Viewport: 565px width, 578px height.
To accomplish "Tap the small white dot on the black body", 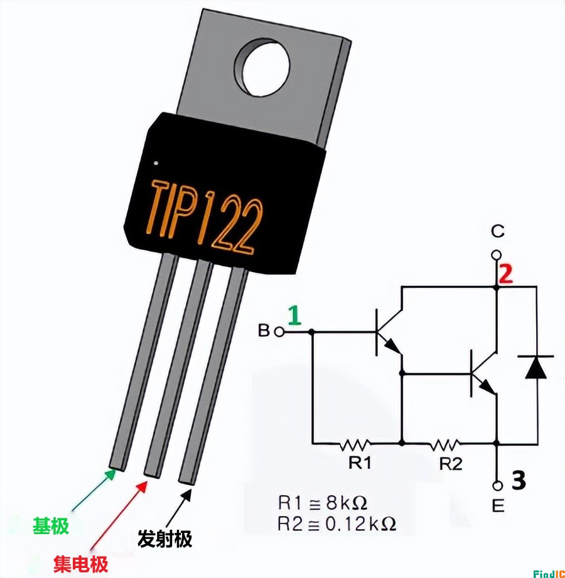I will (x=156, y=164).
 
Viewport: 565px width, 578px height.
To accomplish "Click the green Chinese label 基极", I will (x=50, y=525).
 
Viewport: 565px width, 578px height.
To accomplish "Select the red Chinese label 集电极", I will (x=80, y=564).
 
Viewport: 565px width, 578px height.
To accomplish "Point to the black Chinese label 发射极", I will (x=164, y=539).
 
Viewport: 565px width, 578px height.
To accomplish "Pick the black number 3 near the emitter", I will (x=518, y=481).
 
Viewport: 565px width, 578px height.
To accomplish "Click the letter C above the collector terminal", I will (x=497, y=233).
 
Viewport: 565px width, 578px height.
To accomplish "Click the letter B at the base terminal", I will (x=264, y=330).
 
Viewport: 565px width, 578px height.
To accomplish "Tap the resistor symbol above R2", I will (x=445, y=444).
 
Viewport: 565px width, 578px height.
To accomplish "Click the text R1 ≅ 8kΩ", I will (x=322, y=503).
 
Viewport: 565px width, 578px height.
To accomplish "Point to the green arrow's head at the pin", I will (x=112, y=473).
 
